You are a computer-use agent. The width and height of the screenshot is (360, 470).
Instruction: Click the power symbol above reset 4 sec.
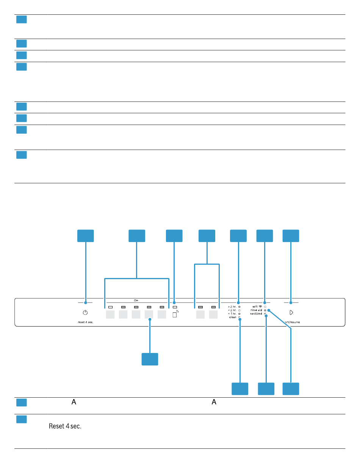(85, 313)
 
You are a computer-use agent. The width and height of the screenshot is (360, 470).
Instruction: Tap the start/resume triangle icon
(291, 313)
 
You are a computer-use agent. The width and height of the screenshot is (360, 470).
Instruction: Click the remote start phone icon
(175, 314)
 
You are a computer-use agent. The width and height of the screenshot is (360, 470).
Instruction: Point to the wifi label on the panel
(255, 306)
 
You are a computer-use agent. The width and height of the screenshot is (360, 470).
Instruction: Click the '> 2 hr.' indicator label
(232, 306)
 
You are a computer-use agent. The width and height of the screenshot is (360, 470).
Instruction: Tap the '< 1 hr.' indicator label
(232, 314)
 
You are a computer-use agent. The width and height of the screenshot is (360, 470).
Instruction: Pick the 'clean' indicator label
(233, 317)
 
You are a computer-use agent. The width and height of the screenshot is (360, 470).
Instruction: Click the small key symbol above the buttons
(136, 300)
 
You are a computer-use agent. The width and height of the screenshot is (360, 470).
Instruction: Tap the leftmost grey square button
(110, 314)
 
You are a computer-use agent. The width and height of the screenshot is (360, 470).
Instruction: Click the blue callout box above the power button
(86, 236)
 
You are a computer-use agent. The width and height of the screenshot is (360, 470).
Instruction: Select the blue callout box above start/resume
(291, 236)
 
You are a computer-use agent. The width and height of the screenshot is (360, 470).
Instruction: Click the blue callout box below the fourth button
(150, 359)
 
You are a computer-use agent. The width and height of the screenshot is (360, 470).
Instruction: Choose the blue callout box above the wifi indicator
(265, 236)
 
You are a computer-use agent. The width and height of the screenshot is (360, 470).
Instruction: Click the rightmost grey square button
(213, 314)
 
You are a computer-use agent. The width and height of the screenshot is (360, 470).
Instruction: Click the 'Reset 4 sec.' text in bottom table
(66, 426)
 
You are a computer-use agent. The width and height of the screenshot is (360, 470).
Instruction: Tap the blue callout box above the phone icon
(174, 236)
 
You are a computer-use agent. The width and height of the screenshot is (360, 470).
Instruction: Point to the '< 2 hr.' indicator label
(232, 310)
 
